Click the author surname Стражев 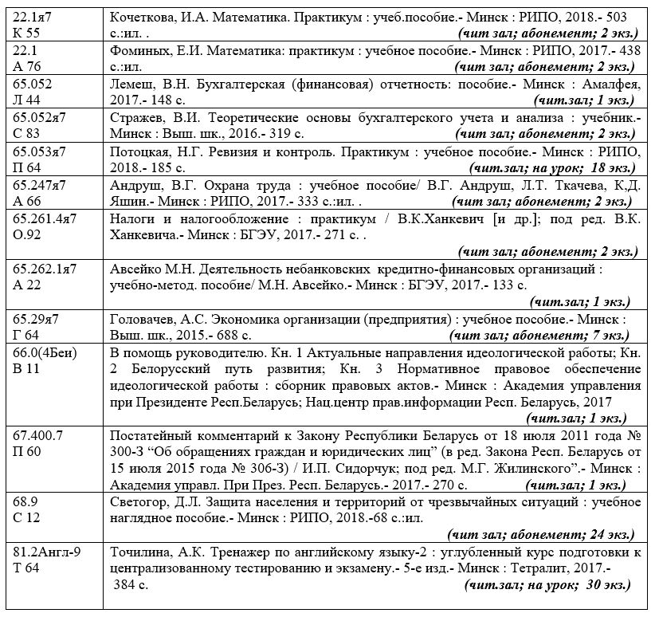point(135,118)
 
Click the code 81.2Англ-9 point(48,553)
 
